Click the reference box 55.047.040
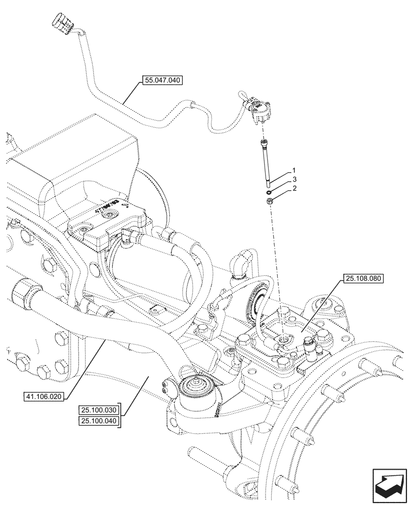coord(162,80)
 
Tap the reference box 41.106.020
coord(44,396)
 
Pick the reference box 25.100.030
coord(98,410)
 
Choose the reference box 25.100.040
coord(98,420)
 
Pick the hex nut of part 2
coord(270,201)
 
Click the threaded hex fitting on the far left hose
coord(25,291)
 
